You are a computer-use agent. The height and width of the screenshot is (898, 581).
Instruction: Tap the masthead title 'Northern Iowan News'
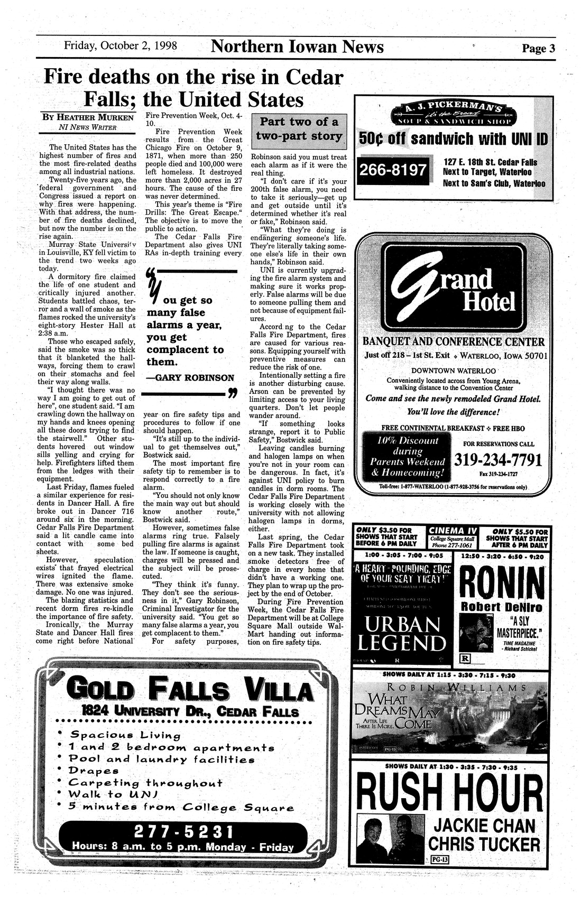coord(297,47)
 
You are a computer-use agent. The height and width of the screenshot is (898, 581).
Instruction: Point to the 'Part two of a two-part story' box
coord(298,128)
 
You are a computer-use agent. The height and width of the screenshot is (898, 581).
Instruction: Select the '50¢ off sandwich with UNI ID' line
coord(453,140)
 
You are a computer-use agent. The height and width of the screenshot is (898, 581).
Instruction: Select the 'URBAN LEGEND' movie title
coord(401,634)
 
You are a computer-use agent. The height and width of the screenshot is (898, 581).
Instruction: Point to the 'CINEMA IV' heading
coord(453,530)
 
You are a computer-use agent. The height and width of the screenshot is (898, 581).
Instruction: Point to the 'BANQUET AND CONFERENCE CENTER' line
coord(453,340)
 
